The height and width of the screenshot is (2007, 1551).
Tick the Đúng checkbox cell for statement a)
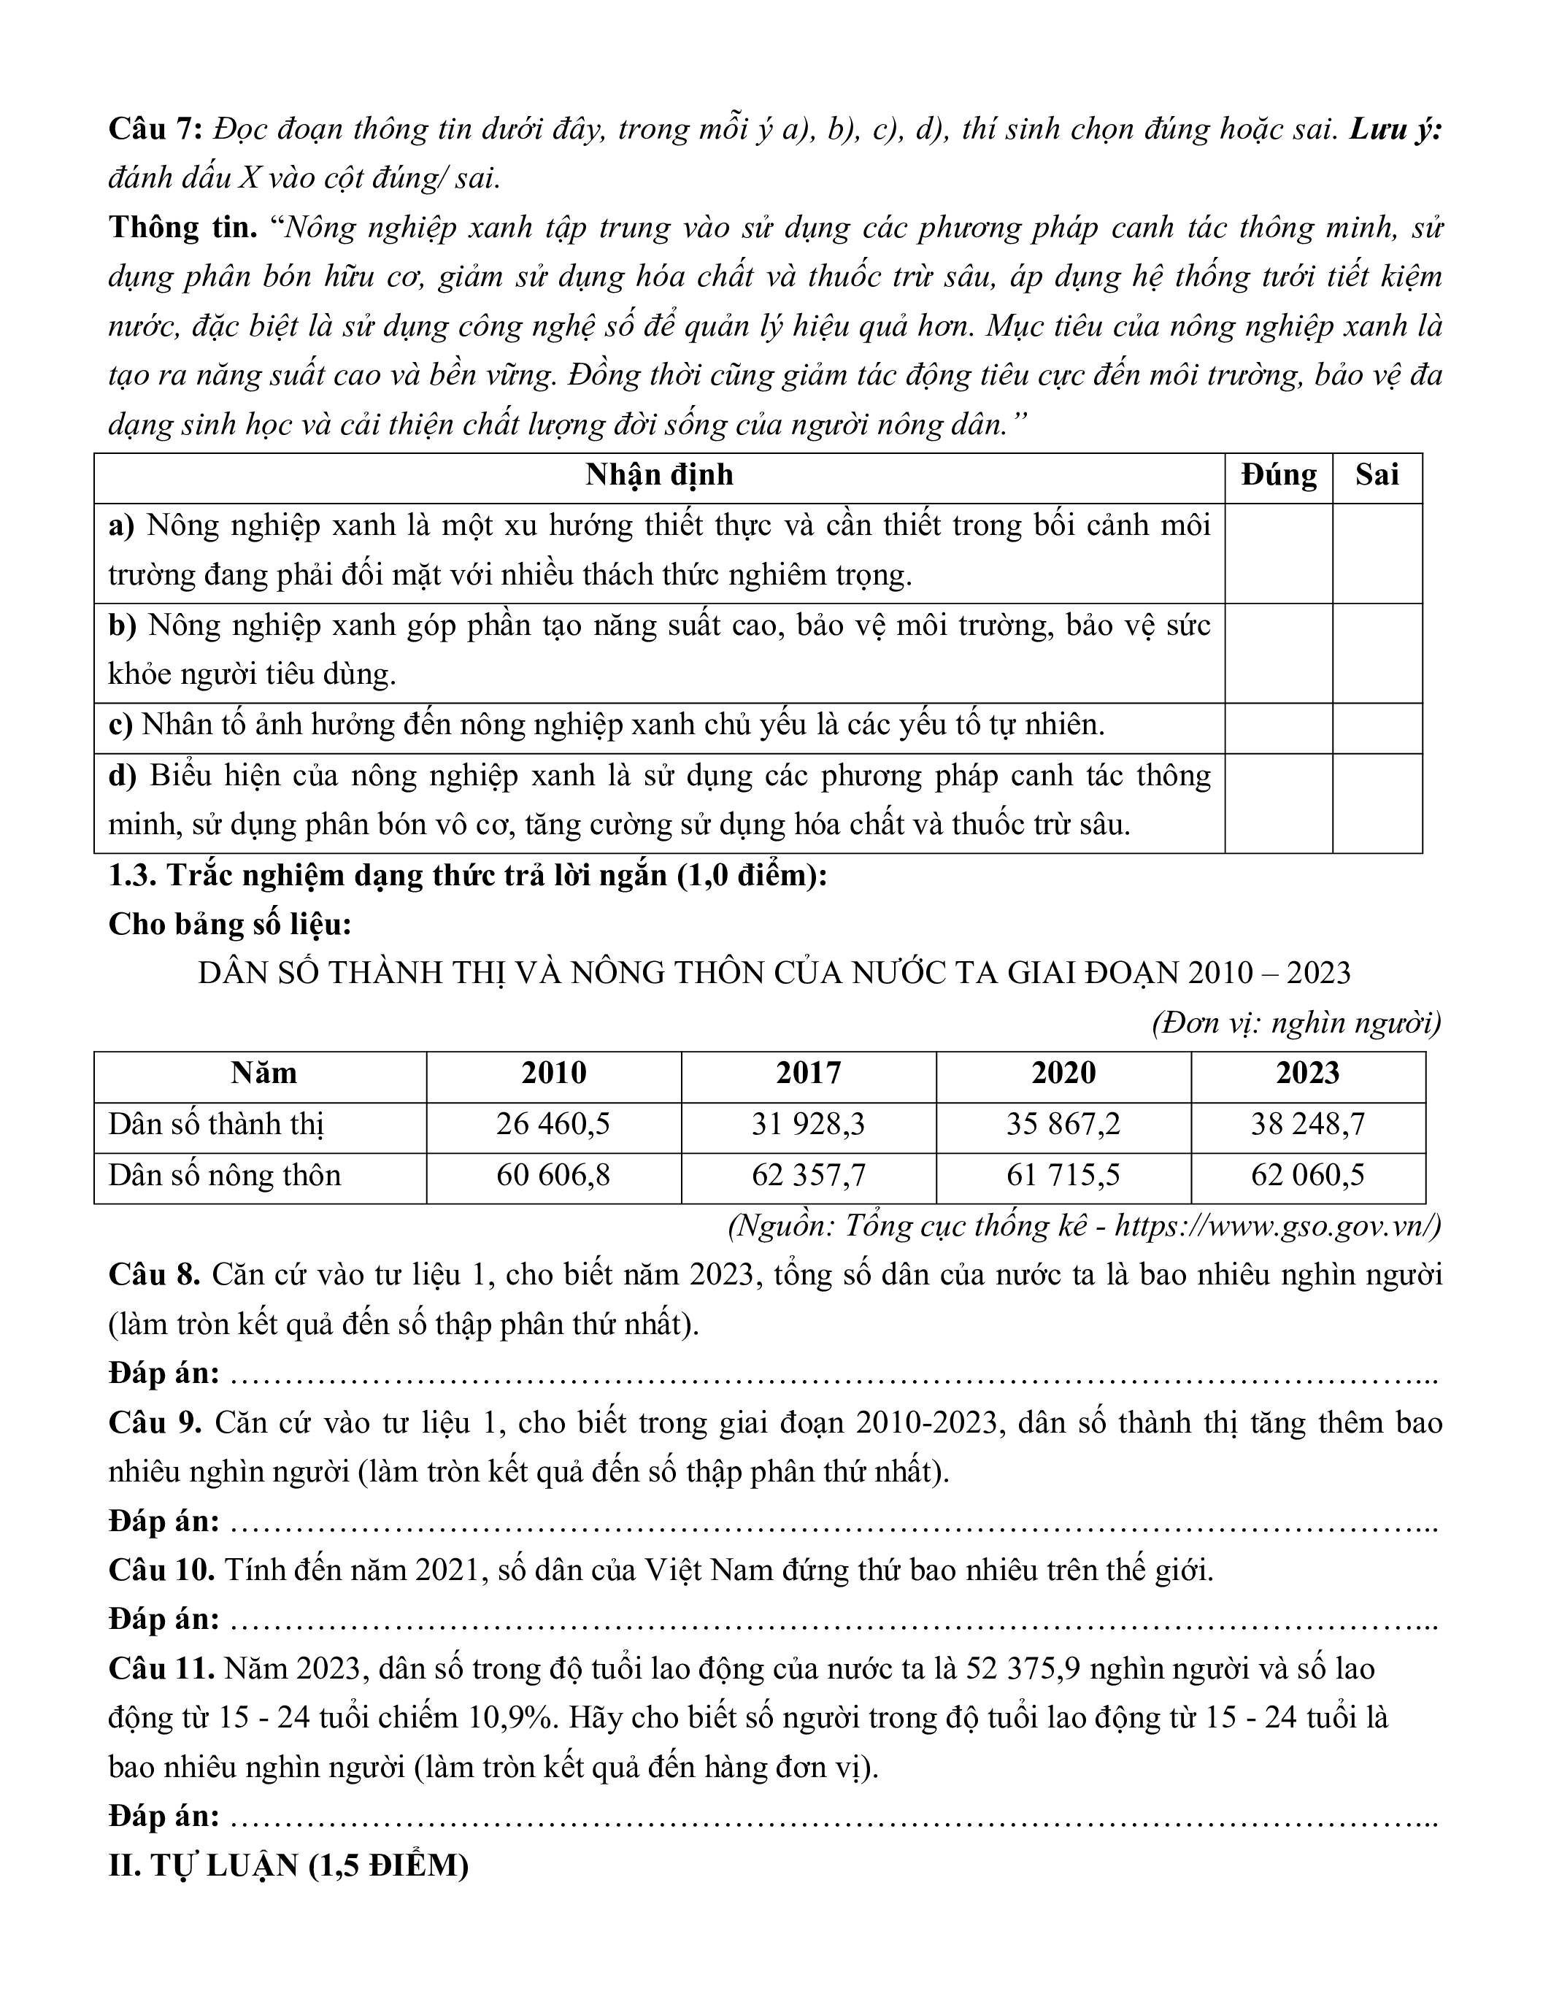1278,552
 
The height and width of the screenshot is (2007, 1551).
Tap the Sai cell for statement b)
1377,652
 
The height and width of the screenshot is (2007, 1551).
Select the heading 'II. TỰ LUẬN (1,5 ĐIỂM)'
288,1865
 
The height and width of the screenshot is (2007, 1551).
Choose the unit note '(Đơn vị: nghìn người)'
1296,1022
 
